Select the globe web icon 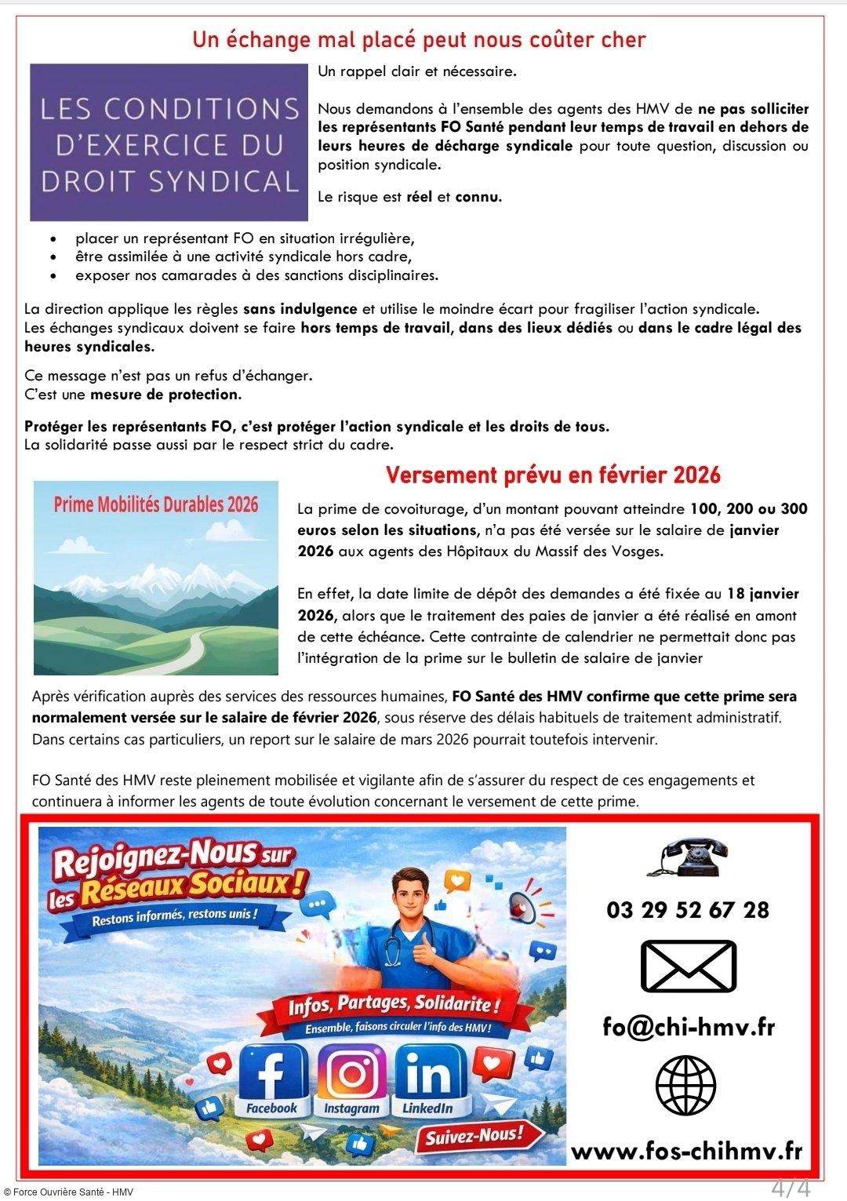[x=687, y=1087]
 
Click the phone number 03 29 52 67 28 [x=688, y=910]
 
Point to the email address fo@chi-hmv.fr [x=688, y=1026]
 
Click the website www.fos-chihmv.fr [x=686, y=1151]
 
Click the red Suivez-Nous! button [x=473, y=1134]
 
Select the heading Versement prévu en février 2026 [x=553, y=475]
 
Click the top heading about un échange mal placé [x=419, y=39]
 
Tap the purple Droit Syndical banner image [x=169, y=142]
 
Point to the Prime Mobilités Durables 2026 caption [x=155, y=504]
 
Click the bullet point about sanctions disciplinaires [x=256, y=275]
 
